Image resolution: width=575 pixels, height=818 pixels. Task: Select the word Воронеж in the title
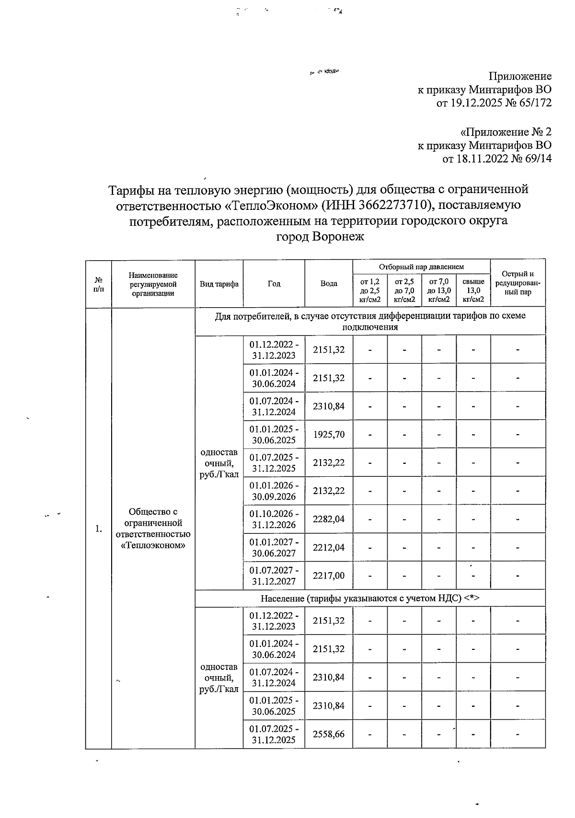tap(338, 237)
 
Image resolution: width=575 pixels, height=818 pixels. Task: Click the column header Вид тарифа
tap(219, 284)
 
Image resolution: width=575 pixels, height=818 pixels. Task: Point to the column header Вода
tap(329, 284)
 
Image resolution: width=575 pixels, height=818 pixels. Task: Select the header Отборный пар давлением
tap(421, 267)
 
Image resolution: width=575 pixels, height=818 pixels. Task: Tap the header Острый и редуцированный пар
tap(517, 283)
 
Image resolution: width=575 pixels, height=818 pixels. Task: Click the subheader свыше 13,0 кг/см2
tap(473, 290)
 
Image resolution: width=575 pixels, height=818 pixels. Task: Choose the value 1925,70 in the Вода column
tap(329, 435)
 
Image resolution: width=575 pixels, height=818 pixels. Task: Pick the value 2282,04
tap(329, 519)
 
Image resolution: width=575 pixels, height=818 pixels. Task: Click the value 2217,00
tap(329, 576)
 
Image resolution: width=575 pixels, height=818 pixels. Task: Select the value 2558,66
tap(329, 734)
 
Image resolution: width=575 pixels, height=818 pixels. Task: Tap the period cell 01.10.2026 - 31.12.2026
tap(274, 519)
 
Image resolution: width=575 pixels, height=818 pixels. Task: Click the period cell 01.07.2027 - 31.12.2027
tap(274, 576)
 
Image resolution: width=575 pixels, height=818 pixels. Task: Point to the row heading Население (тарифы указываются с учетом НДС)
tap(370, 599)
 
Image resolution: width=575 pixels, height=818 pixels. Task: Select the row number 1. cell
tap(98, 529)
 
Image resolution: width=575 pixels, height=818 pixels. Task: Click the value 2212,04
tap(329, 547)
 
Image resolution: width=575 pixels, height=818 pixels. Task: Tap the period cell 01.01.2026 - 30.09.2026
tap(274, 491)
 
